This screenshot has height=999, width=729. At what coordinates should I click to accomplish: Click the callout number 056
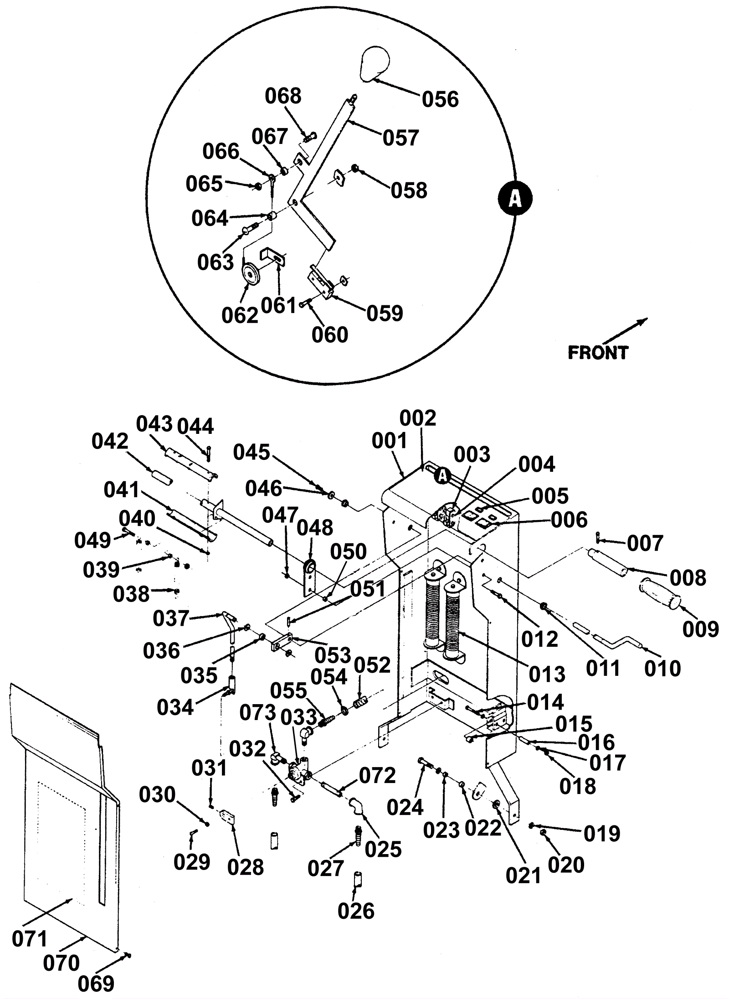pyautogui.click(x=440, y=99)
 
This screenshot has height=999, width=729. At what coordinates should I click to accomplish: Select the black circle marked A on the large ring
pyautogui.click(x=515, y=199)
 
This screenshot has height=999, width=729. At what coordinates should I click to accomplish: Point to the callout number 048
pyautogui.click(x=315, y=528)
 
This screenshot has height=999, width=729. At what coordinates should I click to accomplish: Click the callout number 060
pyautogui.click(x=330, y=335)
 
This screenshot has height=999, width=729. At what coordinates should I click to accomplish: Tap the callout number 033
pyautogui.click(x=298, y=717)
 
